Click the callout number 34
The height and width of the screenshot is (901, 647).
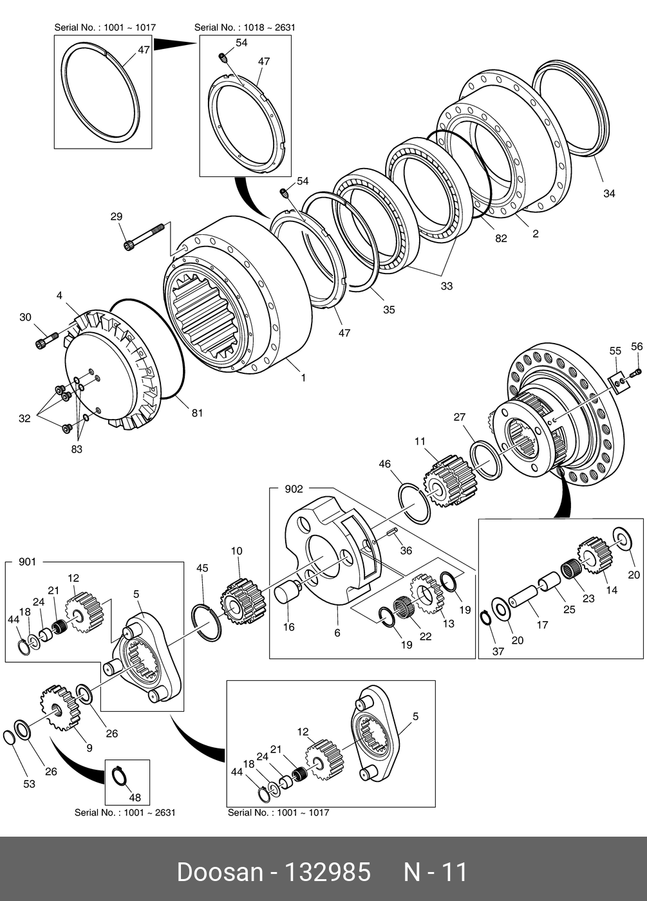[x=609, y=193]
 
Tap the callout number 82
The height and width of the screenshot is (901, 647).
[x=501, y=238]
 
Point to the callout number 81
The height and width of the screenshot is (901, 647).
[x=197, y=413]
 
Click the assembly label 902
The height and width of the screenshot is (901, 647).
[x=294, y=489]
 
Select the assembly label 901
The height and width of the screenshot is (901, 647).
[x=27, y=562]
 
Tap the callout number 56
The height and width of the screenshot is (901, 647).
[x=637, y=347]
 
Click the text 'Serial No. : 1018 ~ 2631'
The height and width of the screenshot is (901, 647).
[x=245, y=28]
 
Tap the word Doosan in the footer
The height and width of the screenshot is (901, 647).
[x=220, y=873]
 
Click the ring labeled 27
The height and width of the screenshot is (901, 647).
[x=486, y=459]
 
